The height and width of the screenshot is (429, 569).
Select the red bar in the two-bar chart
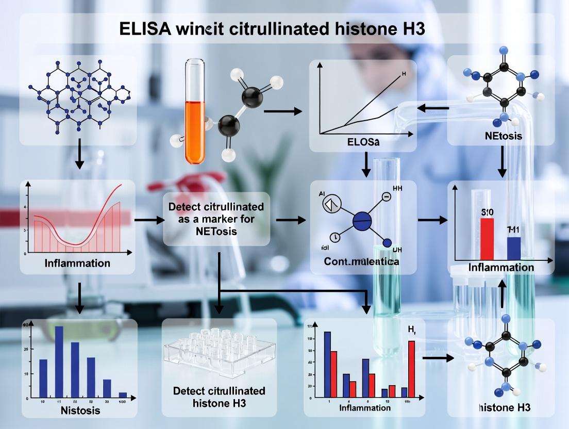[487, 238]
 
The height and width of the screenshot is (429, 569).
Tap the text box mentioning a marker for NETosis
[216, 219]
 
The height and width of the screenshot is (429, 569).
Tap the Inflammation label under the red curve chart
[77, 263]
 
